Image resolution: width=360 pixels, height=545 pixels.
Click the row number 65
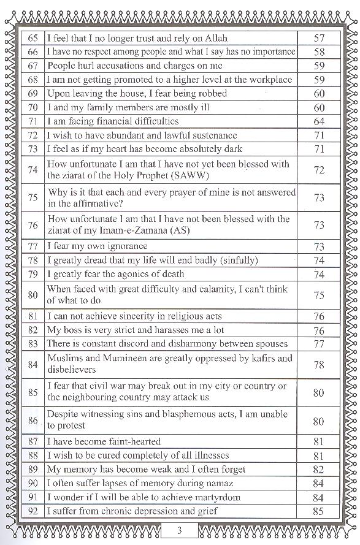coord(33,38)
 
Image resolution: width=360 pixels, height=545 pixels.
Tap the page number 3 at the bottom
coord(180,530)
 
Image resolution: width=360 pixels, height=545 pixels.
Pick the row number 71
coord(33,121)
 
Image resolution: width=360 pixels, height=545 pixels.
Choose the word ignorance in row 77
coord(119,246)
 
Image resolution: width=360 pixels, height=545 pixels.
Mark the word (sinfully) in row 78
coord(236,260)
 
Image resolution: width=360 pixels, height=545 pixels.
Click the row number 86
coord(33,421)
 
